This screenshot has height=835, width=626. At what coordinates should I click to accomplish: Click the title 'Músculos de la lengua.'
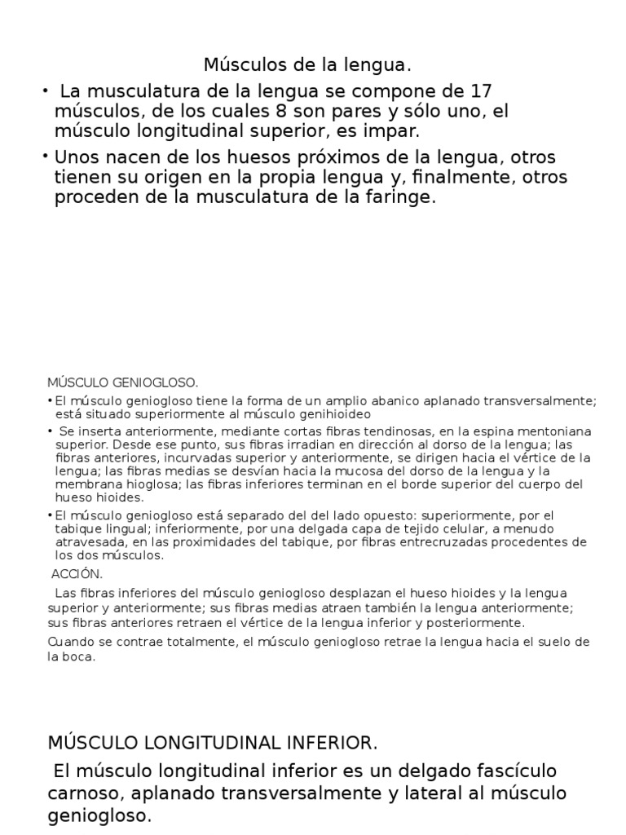[x=313, y=64]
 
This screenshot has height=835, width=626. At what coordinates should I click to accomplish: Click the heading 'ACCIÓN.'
[x=77, y=573]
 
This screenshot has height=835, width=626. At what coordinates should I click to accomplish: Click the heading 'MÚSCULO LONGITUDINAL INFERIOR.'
[x=213, y=743]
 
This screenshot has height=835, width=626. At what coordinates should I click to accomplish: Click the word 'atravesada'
[x=87, y=542]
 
